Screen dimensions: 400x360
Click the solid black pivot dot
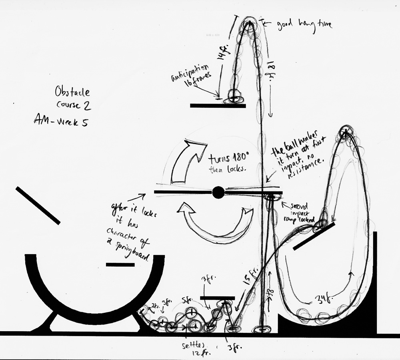tap(218, 192)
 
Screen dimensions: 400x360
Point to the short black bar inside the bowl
tap(120, 265)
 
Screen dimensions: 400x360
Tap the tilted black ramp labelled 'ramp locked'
tap(314, 237)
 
